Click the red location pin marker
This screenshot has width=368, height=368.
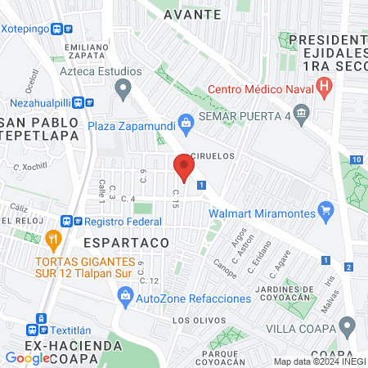tap(183, 168)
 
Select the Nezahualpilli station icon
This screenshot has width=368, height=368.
tap(83, 103)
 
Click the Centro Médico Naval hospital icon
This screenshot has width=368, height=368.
tap(325, 84)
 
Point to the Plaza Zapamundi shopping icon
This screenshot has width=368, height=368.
tap(186, 123)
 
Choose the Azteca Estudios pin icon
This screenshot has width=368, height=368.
tap(123, 87)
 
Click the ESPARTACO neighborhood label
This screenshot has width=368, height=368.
tap(126, 243)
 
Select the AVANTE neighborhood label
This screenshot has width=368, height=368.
tap(191, 15)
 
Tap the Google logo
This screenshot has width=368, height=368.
tap(27, 357)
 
